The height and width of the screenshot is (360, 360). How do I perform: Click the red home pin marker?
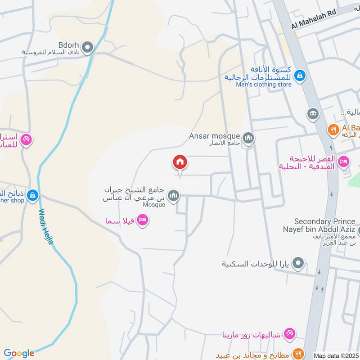coord(180,162)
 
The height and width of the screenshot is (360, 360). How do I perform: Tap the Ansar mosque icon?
coord(248,138)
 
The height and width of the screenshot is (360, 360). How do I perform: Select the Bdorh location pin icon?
coord(88,47)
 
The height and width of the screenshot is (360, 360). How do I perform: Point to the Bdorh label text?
coord(68,45)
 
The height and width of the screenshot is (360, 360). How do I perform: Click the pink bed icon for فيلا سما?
coord(143,220)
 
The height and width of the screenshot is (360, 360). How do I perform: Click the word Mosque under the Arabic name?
coord(155,205)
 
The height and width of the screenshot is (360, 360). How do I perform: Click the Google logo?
coord(19,353)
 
